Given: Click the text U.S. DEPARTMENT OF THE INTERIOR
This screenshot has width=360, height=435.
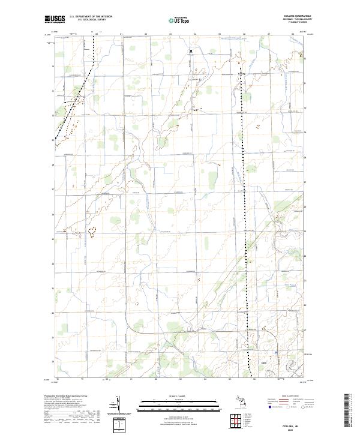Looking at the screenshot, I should click(x=91, y=16).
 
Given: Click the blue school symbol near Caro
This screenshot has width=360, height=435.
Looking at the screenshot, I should click(x=275, y=352).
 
